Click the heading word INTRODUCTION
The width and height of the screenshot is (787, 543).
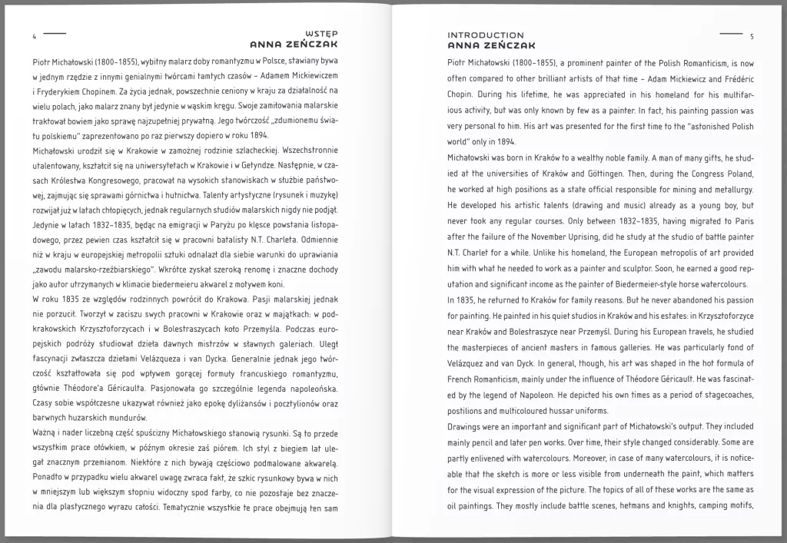point(486,35)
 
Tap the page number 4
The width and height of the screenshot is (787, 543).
point(35,36)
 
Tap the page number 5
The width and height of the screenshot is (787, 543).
point(752,36)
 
